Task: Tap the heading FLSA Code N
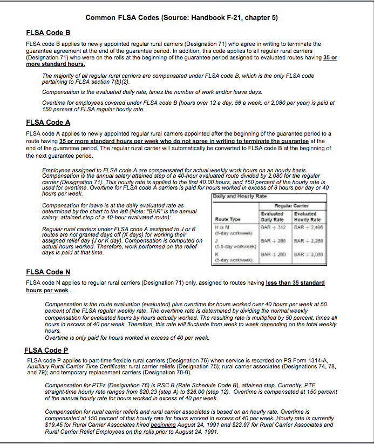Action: pyautogui.click(x=48, y=272)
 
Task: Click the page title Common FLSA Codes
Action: pyautogui.click(x=182, y=17)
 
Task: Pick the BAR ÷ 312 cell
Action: pyautogui.click(x=273, y=227)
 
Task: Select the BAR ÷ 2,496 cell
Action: pyautogui.click(x=307, y=227)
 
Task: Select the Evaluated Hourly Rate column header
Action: pyautogui.click(x=307, y=216)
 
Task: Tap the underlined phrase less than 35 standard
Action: pyautogui.click(x=295, y=283)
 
